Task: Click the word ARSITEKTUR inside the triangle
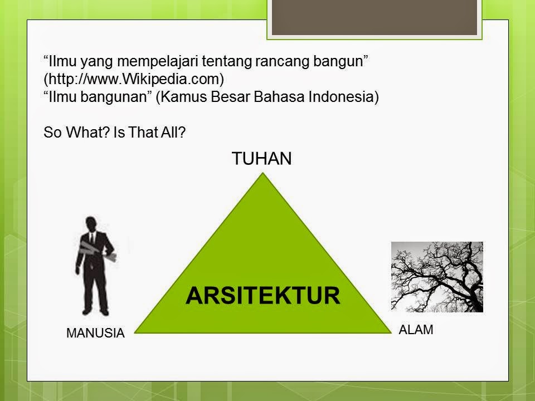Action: tap(262, 295)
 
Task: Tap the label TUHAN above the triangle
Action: tap(262, 159)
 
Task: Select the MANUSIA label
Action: tap(95, 333)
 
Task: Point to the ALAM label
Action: tap(416, 330)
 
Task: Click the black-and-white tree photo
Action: tap(437, 277)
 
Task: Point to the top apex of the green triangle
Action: tap(262, 173)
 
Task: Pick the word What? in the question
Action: tap(88, 133)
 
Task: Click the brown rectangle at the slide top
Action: tap(374, 17)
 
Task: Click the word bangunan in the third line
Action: tap(116, 97)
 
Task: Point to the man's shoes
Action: tap(95, 312)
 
